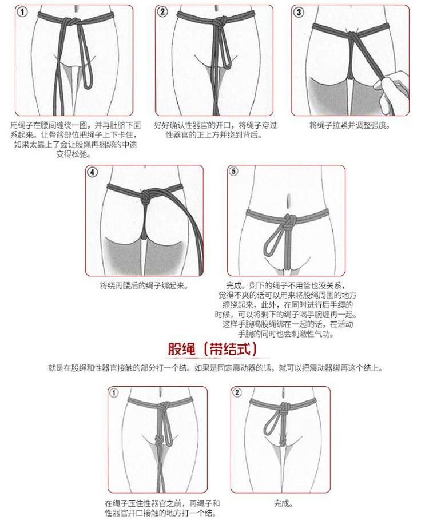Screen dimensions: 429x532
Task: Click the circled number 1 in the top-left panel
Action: [23, 13]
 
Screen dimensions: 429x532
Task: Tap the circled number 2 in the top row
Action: [163, 12]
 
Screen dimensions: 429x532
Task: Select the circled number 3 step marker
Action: [299, 13]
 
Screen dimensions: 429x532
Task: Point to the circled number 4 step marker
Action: [93, 172]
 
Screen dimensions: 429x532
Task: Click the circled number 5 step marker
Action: [233, 172]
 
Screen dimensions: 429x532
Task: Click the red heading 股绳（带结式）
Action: [212, 349]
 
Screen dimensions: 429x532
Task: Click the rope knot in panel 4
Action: [145, 197]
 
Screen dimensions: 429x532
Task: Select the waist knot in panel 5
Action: [288, 220]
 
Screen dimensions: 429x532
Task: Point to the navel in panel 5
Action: [289, 200]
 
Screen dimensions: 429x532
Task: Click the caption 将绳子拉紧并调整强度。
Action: [349, 125]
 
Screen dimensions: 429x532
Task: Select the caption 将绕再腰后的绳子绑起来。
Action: [144, 285]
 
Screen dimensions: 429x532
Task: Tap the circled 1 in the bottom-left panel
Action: [114, 393]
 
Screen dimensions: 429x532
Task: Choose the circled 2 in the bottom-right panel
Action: [237, 392]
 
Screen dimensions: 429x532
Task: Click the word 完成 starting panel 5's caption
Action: [233, 285]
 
